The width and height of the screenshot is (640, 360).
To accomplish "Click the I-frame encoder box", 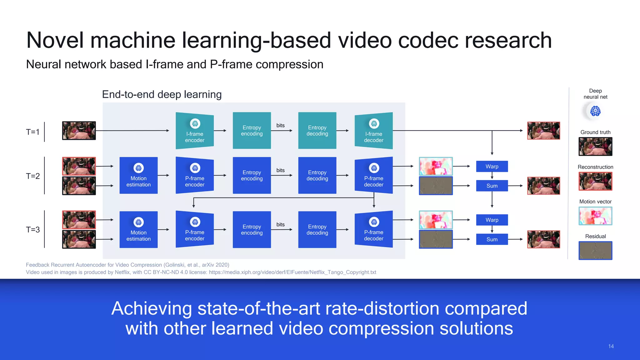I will [195, 131].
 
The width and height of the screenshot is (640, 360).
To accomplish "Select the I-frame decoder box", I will [373, 131].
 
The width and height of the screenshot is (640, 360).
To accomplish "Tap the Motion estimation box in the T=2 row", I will [138, 175].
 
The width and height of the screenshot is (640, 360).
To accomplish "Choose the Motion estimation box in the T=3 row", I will [138, 230].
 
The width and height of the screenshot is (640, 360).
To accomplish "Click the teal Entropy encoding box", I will [252, 131].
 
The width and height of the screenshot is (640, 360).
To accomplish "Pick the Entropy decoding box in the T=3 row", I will [317, 230].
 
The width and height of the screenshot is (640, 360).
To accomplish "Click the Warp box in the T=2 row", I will [492, 167].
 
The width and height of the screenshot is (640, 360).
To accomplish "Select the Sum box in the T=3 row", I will [492, 239].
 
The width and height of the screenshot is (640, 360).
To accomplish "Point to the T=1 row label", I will [33, 132].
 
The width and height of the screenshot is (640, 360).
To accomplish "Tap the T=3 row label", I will [33, 230].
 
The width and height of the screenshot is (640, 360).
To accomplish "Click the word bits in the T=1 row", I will [280, 125].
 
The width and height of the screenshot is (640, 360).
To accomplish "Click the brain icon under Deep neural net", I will [595, 111].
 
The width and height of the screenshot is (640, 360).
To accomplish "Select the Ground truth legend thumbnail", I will [595, 147].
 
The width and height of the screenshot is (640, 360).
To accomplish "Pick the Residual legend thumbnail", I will [595, 250].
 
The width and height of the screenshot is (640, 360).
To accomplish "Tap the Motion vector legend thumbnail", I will [595, 216].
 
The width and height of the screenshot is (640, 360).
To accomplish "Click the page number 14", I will [611, 346].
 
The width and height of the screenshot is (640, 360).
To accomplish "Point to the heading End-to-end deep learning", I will [162, 94].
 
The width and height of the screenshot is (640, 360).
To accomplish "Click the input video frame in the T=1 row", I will [79, 131].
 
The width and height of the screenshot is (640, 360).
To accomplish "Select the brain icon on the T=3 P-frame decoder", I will [374, 222].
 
